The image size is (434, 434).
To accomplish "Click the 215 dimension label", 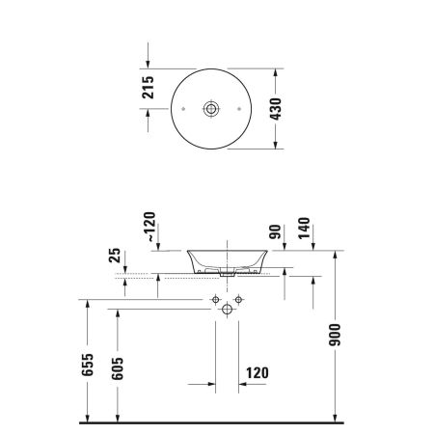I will [x=149, y=90].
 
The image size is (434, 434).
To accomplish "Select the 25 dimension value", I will [x=115, y=258].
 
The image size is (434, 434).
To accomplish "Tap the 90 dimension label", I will [x=275, y=233].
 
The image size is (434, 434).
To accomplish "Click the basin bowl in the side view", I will [x=226, y=258].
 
